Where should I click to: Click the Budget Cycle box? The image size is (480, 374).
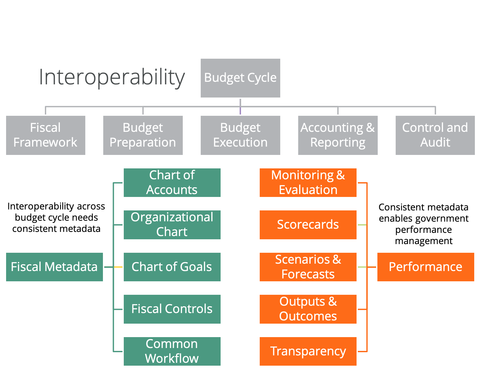[240, 78]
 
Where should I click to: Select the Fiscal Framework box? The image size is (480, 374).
[46, 135]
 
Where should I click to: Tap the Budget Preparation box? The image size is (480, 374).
[143, 135]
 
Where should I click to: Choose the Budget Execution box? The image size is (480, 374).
[240, 135]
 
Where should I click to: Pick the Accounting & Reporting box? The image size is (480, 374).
[338, 135]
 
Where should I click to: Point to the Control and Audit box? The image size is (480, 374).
[435, 135]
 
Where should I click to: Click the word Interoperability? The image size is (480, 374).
[112, 77]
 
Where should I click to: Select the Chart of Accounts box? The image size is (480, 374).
[172, 183]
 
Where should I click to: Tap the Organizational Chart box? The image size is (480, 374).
[172, 225]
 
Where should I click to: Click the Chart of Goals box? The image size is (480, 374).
[172, 267]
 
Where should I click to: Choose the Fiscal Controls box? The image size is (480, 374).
[172, 309]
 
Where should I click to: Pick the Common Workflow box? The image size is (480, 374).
[172, 351]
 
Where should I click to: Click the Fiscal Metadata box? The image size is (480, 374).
[54, 267]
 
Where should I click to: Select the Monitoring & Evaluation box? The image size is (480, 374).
[308, 183]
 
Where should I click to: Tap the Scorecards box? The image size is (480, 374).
[308, 225]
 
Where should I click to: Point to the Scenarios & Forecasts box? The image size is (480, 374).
[308, 267]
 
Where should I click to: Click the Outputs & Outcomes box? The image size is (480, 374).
[308, 309]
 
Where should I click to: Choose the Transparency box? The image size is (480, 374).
[308, 351]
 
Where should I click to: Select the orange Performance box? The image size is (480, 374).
[425, 267]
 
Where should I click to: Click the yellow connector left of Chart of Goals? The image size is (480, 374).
[118, 267]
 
